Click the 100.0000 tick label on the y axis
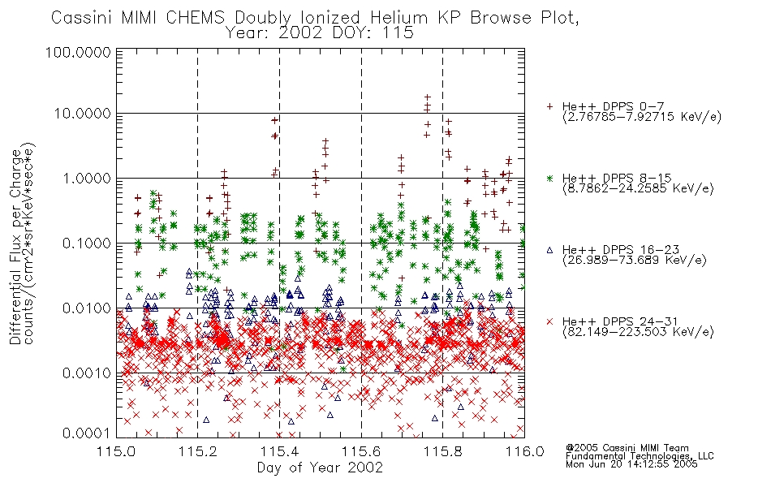pos(78,52)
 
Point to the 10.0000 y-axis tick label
pos(82,114)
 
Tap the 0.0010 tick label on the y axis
pos(87,373)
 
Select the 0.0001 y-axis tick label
pos(87,433)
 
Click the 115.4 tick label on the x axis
pos(279,451)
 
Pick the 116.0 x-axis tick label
pos(524,451)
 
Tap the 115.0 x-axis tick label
pos(117,451)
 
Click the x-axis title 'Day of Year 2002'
pos(320,468)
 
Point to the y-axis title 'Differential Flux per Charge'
pos(16,247)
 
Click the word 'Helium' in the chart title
pos(399,18)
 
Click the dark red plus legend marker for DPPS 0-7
pos(549,106)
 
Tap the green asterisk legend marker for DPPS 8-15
pos(549,178)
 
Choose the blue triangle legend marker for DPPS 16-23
pos(549,250)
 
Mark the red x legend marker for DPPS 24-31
pos(549,321)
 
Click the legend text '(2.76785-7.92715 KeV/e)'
pos(642,117)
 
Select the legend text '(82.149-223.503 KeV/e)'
pos(638,332)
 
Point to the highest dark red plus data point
pos(427,97)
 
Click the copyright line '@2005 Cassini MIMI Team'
pos(627,448)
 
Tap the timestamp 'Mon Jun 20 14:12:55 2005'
pos(631,464)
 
